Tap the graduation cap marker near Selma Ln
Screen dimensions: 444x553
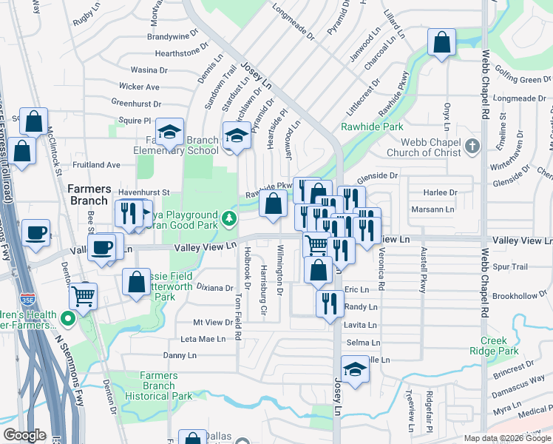tap(355, 370)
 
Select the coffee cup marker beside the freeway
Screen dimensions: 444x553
tap(35, 234)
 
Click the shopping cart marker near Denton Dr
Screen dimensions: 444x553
tap(84, 296)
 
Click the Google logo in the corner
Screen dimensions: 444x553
tap(24, 435)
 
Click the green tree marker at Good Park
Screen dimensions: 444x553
tap(229, 218)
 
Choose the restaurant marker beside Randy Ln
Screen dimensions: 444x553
tap(329, 303)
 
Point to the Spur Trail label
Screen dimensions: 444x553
tap(510, 266)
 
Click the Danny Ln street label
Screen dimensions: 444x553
tap(178, 355)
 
